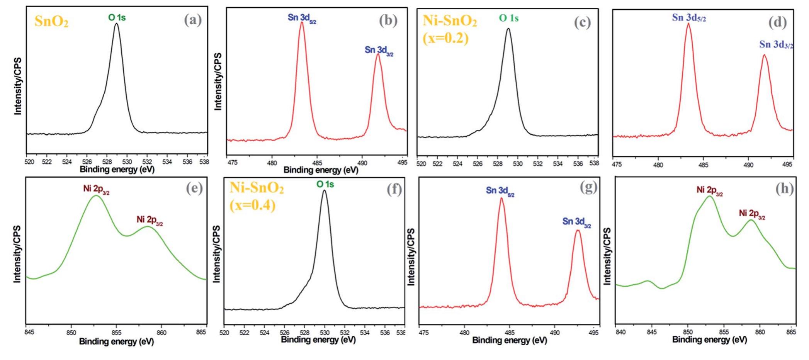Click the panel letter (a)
(193, 20)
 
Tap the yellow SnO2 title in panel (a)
(51, 21)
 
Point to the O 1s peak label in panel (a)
(117, 17)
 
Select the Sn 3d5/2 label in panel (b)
(302, 18)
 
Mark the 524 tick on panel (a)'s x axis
(67, 161)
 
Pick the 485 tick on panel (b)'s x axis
(317, 163)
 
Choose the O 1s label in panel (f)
(325, 185)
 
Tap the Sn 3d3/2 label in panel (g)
(576, 222)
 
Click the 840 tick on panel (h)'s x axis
(620, 332)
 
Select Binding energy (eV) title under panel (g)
(510, 340)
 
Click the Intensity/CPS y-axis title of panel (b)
(218, 82)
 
